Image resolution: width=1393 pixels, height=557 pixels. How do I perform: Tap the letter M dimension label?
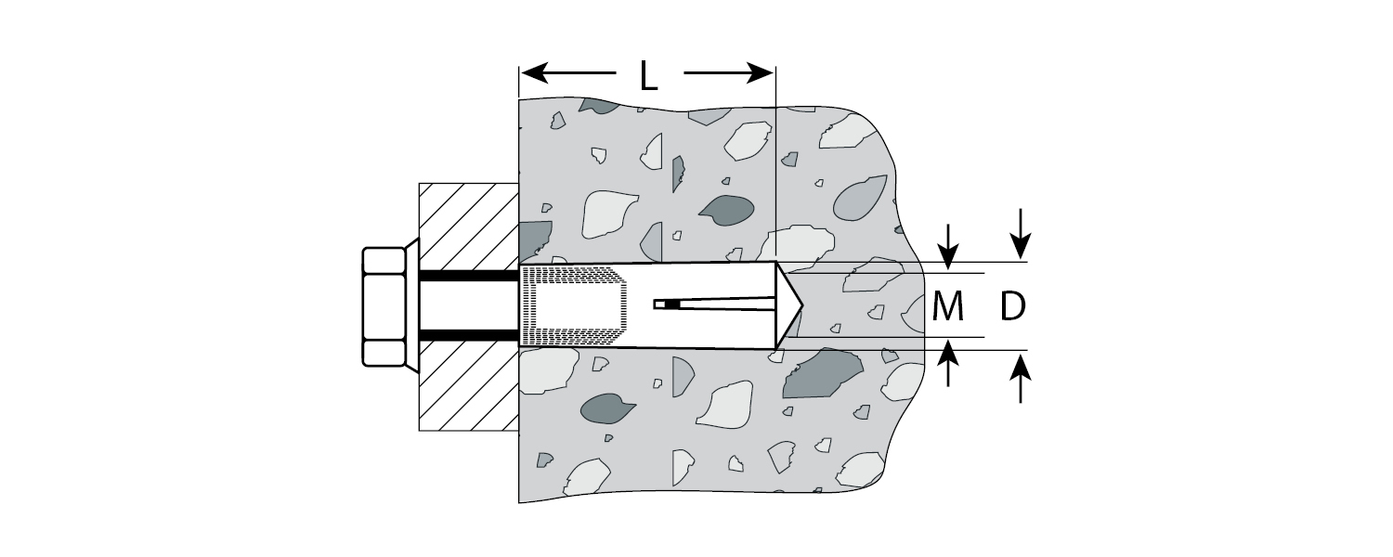(947, 306)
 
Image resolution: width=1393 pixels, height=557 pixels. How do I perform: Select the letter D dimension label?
(1013, 306)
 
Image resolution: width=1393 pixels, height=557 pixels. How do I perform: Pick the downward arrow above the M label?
(947, 249)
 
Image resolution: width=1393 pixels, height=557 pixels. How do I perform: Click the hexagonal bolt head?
(384, 306)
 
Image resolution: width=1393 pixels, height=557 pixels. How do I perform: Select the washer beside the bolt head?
(411, 306)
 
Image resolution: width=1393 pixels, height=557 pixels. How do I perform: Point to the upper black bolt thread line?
(468, 276)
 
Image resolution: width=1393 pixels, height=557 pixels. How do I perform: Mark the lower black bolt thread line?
(468, 334)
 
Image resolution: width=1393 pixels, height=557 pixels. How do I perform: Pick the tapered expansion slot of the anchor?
(724, 304)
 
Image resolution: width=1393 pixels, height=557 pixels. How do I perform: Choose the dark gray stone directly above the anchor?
(726, 211)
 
